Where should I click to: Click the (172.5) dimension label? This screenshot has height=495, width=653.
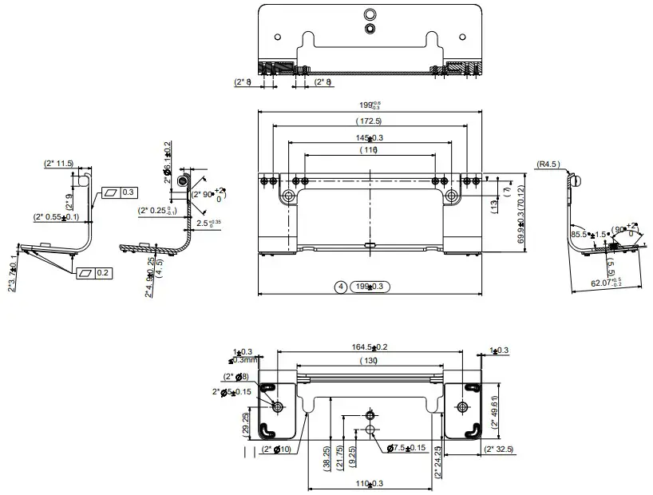click(x=369, y=121)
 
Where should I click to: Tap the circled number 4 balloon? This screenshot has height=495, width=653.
click(x=340, y=286)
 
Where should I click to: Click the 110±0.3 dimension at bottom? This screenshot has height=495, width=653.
click(x=370, y=484)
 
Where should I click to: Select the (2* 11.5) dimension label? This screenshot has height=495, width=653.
click(x=58, y=164)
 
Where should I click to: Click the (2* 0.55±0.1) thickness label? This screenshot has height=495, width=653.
click(x=56, y=216)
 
